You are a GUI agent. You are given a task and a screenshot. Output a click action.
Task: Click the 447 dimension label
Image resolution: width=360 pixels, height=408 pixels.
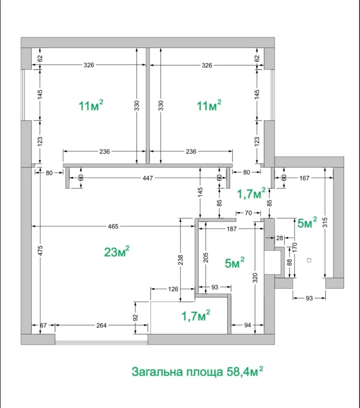(x=148, y=178)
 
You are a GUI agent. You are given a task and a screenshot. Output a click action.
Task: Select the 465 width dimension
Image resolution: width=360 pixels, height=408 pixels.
(x=113, y=227)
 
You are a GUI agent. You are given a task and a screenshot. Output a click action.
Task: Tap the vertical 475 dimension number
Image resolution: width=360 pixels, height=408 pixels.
(x=40, y=251)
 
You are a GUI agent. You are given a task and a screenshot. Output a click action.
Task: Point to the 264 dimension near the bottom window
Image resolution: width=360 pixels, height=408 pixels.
(x=101, y=325)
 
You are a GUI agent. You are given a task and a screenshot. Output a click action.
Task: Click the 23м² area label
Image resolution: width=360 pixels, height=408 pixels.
(x=117, y=252)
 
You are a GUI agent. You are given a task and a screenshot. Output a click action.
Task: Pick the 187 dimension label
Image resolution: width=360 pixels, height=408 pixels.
(x=232, y=229)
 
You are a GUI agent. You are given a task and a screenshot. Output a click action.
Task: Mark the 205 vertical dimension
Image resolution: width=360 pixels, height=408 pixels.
(x=206, y=258)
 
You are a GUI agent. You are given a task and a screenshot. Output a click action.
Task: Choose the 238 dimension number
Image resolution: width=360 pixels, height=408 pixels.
(x=181, y=260)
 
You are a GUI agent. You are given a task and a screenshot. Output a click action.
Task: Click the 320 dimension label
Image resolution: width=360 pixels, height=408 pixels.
(x=255, y=278)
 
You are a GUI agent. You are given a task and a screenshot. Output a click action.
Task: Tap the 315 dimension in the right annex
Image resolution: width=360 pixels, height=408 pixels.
(x=325, y=222)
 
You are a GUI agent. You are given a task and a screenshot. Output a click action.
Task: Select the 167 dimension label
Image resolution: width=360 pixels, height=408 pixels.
(x=304, y=178)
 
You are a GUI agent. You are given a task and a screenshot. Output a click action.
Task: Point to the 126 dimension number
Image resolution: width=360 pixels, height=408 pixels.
(x=173, y=289)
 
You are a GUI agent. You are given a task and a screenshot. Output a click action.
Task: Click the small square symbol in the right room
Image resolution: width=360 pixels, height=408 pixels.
(x=309, y=260)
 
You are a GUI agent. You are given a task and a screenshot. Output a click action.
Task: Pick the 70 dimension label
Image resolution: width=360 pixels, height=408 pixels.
(x=248, y=213)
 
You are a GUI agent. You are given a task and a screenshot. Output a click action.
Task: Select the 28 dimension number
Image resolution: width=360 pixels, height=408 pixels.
(x=280, y=238)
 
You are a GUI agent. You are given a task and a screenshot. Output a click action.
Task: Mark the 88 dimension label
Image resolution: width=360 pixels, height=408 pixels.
(x=290, y=262)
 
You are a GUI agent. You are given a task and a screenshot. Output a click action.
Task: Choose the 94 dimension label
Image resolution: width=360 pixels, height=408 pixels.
(x=248, y=325)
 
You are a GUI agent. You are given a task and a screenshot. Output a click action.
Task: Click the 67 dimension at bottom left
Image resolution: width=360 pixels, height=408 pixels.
(x=43, y=325)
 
